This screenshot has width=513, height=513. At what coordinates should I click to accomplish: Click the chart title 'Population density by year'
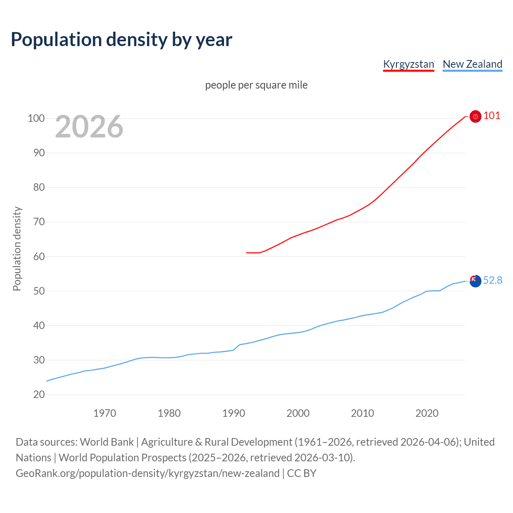click(121, 40)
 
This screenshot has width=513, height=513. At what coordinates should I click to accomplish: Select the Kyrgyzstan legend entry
click(408, 64)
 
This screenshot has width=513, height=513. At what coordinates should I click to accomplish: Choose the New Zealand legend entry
click(472, 64)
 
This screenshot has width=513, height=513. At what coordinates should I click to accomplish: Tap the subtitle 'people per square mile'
click(256, 85)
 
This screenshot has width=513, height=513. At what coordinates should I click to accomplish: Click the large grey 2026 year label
click(89, 127)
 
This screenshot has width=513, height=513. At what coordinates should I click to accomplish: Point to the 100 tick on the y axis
click(36, 118)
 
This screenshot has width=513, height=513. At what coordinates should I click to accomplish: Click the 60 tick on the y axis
click(39, 256)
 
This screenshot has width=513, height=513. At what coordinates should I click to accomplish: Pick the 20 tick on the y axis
click(39, 395)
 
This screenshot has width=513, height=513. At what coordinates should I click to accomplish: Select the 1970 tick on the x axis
click(105, 413)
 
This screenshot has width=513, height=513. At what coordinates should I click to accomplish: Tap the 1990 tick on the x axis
click(234, 413)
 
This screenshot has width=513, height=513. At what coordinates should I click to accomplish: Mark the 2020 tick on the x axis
click(427, 413)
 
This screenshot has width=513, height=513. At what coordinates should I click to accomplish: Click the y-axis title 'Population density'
click(17, 248)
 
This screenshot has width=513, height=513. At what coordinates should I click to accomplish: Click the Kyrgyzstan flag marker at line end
click(475, 116)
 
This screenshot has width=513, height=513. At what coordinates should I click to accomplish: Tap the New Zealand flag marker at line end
click(475, 281)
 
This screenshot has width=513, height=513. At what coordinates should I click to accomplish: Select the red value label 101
click(492, 116)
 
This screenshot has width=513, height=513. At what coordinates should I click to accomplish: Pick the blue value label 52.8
click(493, 281)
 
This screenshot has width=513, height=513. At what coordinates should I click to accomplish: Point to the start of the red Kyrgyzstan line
click(246, 253)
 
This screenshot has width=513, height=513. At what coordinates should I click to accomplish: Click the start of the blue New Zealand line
click(47, 381)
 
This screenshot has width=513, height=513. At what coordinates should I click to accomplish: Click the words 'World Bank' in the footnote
click(107, 442)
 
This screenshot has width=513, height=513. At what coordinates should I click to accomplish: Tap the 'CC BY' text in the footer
click(302, 473)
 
